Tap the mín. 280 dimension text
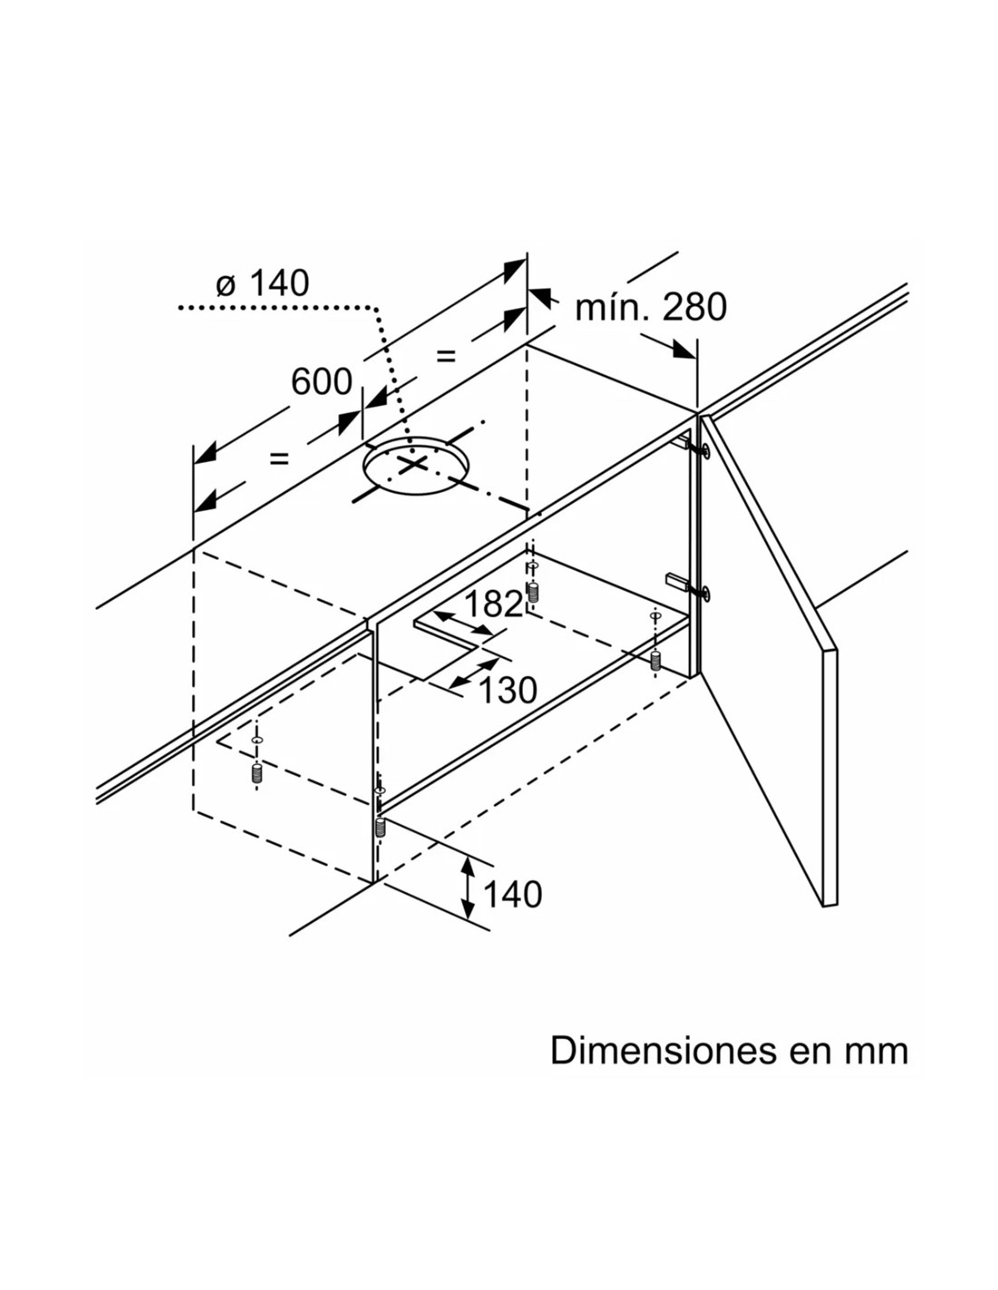point(651,307)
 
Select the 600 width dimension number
point(322,382)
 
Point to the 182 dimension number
point(493,604)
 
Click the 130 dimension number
point(507,690)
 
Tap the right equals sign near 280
point(445,356)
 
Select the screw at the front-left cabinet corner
point(380,826)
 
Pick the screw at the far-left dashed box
point(257,773)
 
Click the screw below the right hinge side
point(655,660)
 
